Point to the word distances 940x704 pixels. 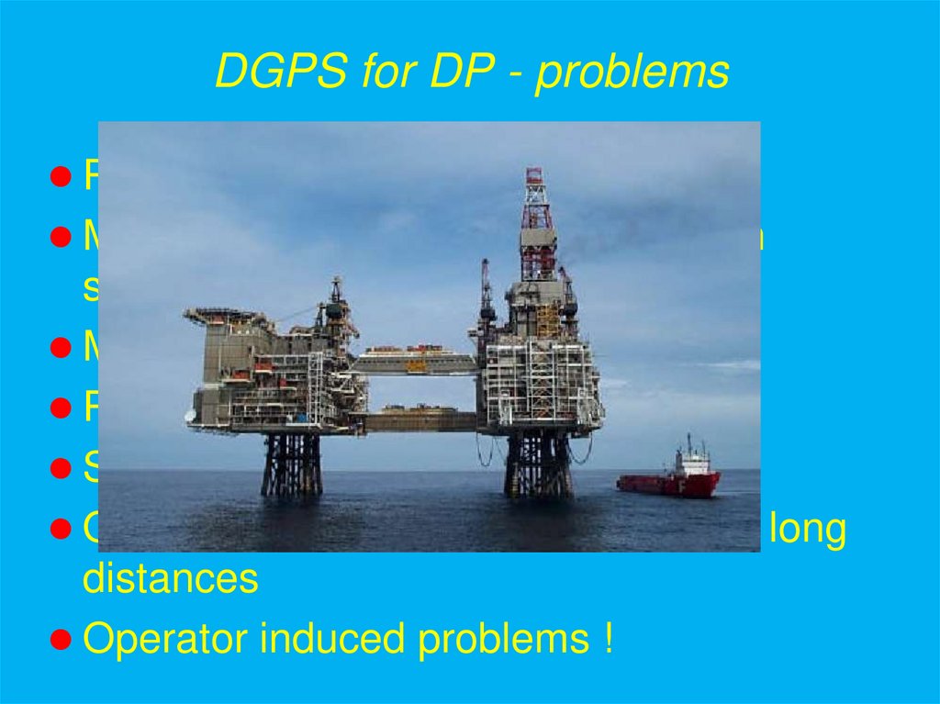tap(171, 579)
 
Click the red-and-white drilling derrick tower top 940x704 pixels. tap(533, 193)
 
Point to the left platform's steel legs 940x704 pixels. tap(292, 464)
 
